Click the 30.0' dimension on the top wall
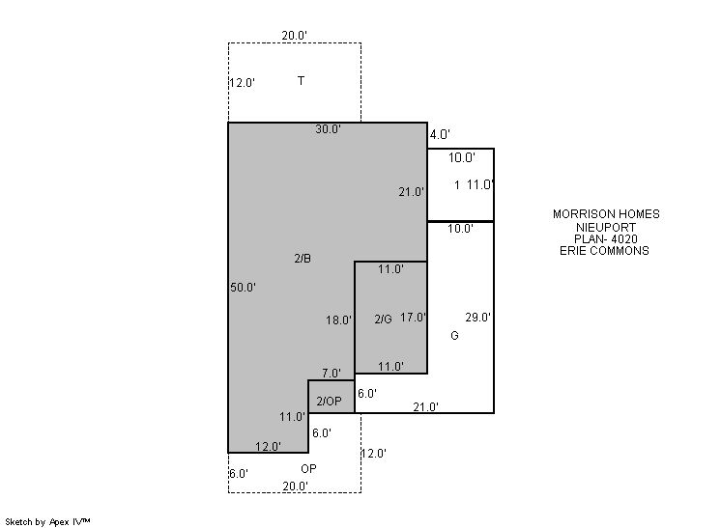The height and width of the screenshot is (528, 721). [x=328, y=129]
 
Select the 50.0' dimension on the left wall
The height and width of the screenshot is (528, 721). [x=243, y=288]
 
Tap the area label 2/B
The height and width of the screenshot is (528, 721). [x=303, y=259]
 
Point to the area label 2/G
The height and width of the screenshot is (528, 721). [x=383, y=320]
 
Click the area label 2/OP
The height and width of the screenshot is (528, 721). [x=330, y=402]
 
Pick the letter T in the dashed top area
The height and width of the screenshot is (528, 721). [x=301, y=81]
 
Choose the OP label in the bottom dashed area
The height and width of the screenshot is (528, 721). [x=308, y=469]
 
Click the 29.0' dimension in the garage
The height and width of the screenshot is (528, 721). [x=477, y=318]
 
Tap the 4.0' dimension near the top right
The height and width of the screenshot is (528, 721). [x=440, y=134]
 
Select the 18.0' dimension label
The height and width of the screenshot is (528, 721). [x=339, y=320]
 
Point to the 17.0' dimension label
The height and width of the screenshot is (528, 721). [x=413, y=318]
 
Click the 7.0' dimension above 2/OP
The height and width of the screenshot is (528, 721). [x=332, y=374]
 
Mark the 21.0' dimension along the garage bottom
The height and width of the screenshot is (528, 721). [x=426, y=407]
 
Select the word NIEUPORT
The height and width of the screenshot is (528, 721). [x=606, y=227]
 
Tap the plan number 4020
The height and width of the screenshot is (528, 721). [x=624, y=238]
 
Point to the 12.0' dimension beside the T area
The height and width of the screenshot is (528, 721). [x=243, y=83]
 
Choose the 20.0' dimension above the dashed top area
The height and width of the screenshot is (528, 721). [x=294, y=36]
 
